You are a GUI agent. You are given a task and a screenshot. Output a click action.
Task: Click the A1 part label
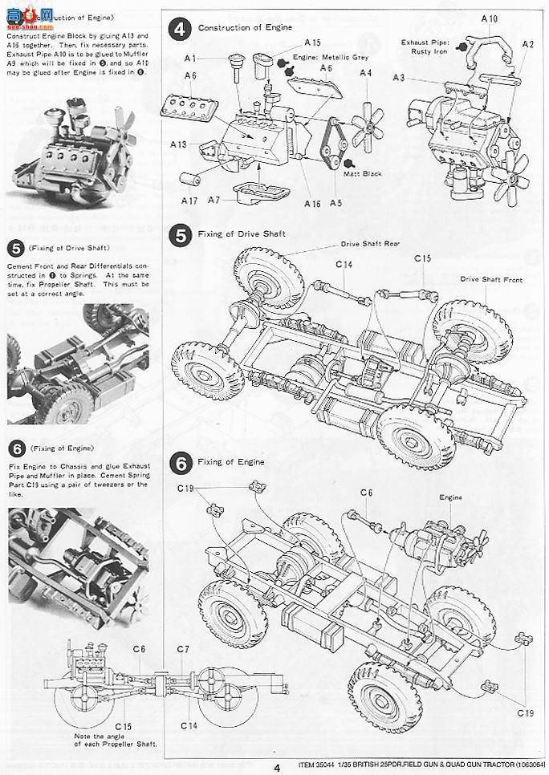pyautogui.click(x=189, y=58)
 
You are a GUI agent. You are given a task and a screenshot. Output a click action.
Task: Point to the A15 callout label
pyautogui.click(x=312, y=42)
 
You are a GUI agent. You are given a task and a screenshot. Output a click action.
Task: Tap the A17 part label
pyautogui.click(x=189, y=200)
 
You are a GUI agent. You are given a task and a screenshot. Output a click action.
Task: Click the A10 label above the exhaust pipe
pyautogui.click(x=489, y=18)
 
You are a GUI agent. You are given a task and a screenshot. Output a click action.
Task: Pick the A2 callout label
pyautogui.click(x=527, y=44)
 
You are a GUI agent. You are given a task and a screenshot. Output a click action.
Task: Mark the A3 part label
pyautogui.click(x=400, y=77)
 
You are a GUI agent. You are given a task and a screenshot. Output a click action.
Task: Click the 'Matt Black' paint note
pyautogui.click(x=362, y=173)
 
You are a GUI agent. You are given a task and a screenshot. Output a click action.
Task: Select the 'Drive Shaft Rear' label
pyautogui.click(x=370, y=243)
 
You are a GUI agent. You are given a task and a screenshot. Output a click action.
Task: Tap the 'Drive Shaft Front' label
pyautogui.click(x=491, y=279)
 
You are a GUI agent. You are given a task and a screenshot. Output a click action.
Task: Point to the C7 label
pyautogui.click(x=182, y=648)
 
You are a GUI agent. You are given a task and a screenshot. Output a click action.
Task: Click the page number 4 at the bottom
pyautogui.click(x=275, y=767)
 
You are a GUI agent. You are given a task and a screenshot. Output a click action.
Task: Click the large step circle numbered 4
pyautogui.click(x=181, y=29)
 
